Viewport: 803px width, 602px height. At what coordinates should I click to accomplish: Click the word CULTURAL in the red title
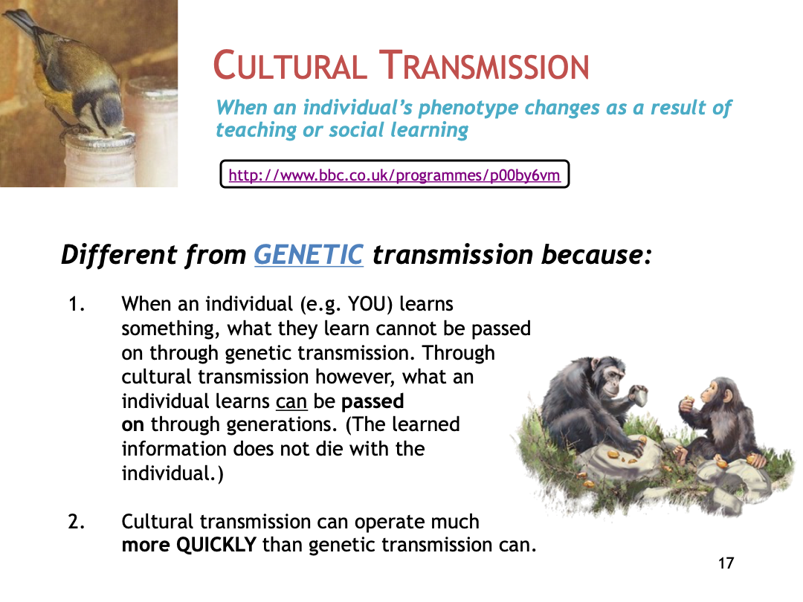pyautogui.click(x=290, y=65)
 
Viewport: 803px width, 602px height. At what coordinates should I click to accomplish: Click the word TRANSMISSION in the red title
pyautogui.click(x=484, y=65)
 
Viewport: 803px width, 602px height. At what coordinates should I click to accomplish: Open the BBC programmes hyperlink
pyautogui.click(x=394, y=175)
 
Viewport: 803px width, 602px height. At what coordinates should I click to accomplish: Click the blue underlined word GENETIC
pyautogui.click(x=309, y=254)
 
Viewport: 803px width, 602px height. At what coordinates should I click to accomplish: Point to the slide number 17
pyautogui.click(x=726, y=563)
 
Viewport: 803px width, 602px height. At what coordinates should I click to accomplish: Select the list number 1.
pyautogui.click(x=77, y=304)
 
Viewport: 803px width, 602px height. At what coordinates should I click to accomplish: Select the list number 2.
pyautogui.click(x=77, y=522)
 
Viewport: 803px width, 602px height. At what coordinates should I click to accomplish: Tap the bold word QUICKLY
pyautogui.click(x=216, y=545)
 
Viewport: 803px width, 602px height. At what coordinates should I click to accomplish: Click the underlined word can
pyautogui.click(x=291, y=401)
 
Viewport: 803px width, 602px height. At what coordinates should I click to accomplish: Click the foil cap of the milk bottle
pyautogui.click(x=99, y=140)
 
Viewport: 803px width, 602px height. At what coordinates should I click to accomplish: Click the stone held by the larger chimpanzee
pyautogui.click(x=639, y=394)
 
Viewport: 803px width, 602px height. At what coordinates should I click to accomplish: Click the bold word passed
pyautogui.click(x=373, y=401)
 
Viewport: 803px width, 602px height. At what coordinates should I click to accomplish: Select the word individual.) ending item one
pyautogui.click(x=172, y=473)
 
